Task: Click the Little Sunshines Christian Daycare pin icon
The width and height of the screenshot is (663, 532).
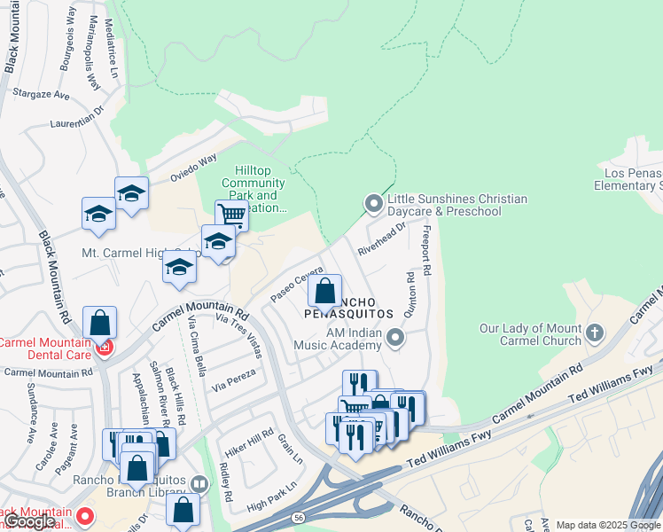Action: click(374, 205)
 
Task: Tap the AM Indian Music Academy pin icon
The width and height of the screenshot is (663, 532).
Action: click(396, 338)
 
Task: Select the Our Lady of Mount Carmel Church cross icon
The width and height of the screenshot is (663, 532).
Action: click(595, 334)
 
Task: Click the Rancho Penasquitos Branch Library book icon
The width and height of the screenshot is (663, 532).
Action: click(199, 484)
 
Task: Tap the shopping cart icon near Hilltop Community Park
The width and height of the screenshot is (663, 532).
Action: click(231, 214)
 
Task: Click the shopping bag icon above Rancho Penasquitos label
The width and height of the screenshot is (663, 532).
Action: click(325, 290)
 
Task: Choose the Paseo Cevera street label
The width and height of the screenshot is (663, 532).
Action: click(292, 283)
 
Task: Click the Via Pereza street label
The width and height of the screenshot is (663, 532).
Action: click(234, 379)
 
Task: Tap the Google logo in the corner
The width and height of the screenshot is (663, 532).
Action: click(29, 522)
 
